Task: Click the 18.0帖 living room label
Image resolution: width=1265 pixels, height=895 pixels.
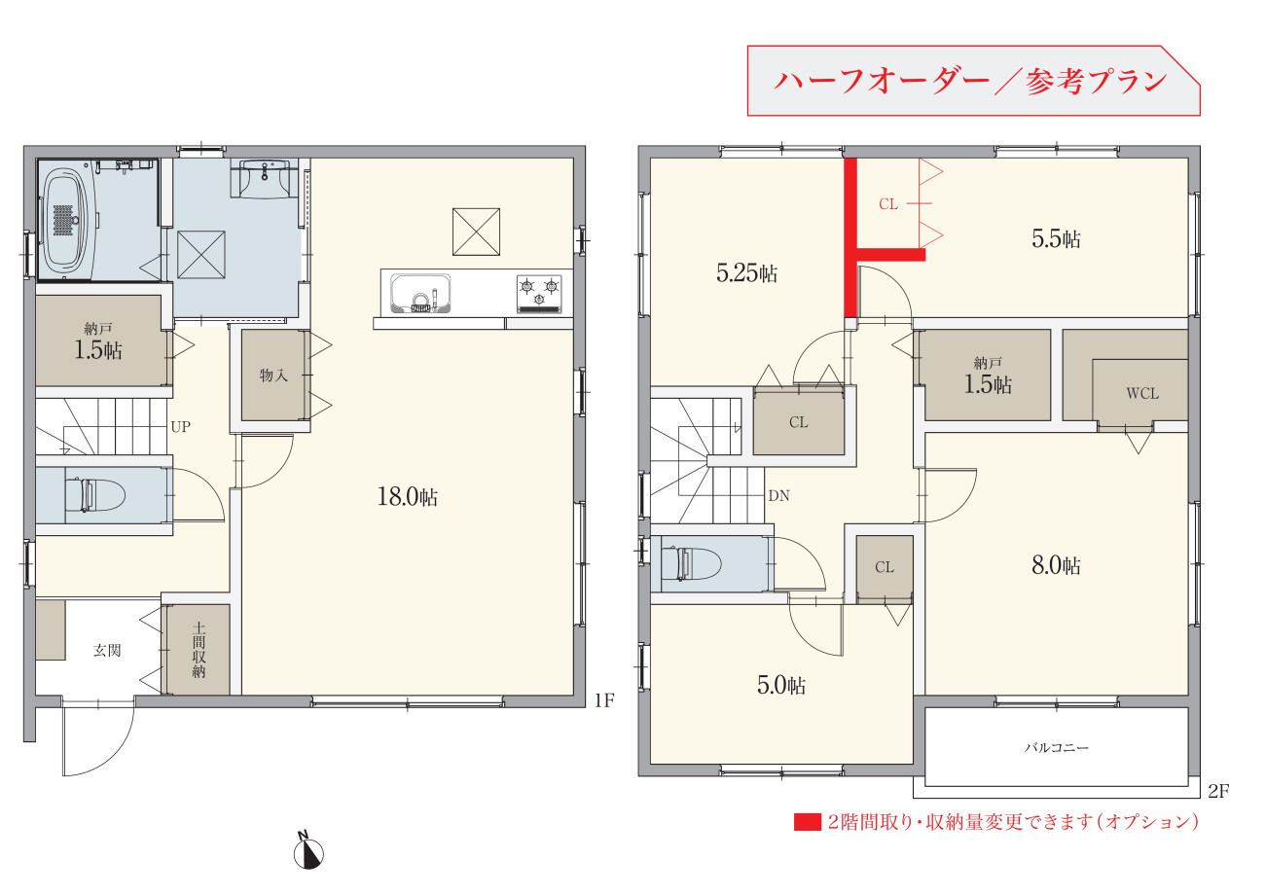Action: pyautogui.click(x=407, y=497)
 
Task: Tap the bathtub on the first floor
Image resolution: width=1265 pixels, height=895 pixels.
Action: pyautogui.click(x=68, y=223)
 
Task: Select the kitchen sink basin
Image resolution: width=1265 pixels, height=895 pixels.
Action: pyautogui.click(x=421, y=293)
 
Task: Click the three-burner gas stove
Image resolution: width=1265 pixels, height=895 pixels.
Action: pyautogui.click(x=539, y=294)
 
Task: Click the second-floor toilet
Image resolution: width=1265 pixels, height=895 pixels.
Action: pyautogui.click(x=691, y=563)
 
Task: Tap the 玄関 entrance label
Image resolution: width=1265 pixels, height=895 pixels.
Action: pyautogui.click(x=107, y=651)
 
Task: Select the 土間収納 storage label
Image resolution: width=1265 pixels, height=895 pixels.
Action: pyautogui.click(x=199, y=650)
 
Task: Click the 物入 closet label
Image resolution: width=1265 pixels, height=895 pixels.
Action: pyautogui.click(x=273, y=375)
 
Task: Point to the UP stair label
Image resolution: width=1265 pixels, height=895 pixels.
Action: pyautogui.click(x=180, y=427)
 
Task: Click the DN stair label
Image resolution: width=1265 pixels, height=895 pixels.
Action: pyautogui.click(x=778, y=496)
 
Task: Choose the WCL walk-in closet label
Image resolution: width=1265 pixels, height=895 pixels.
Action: pyautogui.click(x=1142, y=394)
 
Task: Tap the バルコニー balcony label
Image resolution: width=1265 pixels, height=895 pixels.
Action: pyautogui.click(x=1056, y=748)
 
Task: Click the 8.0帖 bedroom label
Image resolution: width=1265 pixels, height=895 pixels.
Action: pyautogui.click(x=1056, y=565)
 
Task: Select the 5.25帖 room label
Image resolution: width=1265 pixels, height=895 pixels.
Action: pyautogui.click(x=746, y=273)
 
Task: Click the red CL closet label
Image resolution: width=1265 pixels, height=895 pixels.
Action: pyautogui.click(x=888, y=204)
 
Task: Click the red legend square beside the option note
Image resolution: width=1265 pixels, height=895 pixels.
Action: pyautogui.click(x=807, y=822)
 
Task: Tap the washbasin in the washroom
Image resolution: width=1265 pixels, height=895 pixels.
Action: pyautogui.click(x=265, y=178)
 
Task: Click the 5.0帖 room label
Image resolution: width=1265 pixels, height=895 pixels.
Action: pyautogui.click(x=781, y=685)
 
